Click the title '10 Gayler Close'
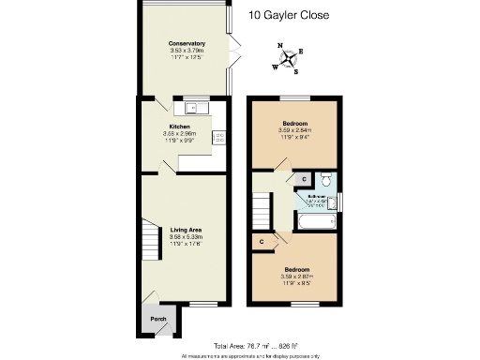coord(289,15)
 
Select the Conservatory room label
coord(187,44)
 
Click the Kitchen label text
coord(179,127)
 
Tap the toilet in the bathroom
coord(324,179)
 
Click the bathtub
coord(316,222)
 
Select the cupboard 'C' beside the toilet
coord(304,178)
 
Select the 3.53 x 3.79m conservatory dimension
coord(187,52)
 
